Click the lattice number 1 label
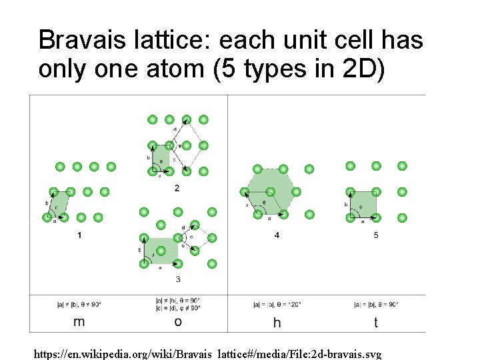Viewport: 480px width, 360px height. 80,235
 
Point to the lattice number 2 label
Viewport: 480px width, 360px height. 177,189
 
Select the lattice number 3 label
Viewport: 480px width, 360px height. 177,279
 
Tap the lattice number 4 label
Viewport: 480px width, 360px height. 277,235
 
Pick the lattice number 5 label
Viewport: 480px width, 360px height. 376,235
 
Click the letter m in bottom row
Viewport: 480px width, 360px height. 79,322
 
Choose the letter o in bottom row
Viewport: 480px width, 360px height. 177,322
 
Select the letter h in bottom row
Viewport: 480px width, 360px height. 277,323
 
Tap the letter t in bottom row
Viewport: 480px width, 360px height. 376,323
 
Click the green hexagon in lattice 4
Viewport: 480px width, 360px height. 270,189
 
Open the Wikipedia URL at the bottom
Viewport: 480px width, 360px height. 207,353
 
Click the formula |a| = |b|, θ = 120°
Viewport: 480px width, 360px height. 277,304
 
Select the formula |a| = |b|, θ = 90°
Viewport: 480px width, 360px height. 376,304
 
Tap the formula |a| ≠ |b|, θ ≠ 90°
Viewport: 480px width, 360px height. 79,304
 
